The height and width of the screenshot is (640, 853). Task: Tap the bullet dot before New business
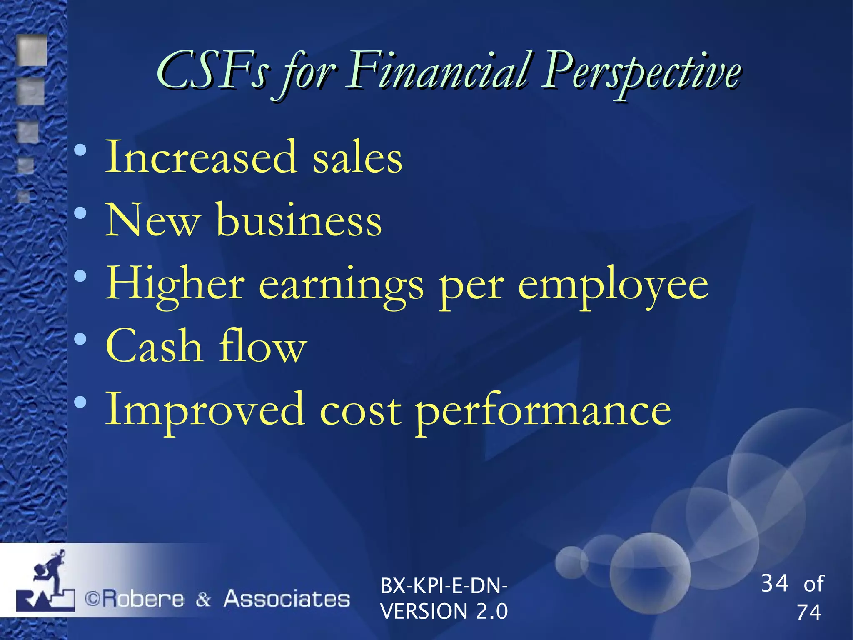pos(80,214)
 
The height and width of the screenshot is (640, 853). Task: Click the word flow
pos(263,346)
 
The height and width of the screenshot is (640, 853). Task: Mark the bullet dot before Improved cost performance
pos(80,402)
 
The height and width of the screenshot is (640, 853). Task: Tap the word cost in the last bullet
pos(361,410)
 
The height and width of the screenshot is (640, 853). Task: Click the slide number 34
pos(775,583)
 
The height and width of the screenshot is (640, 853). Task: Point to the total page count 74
pos(808,612)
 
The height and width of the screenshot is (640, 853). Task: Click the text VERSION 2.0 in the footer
pos(444,611)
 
